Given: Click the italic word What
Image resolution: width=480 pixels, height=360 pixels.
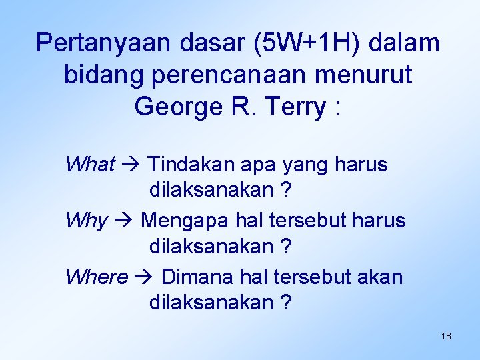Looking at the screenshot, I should pyautogui.click(x=91, y=164).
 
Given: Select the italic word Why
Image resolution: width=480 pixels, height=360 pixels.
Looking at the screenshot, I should pyautogui.click(x=87, y=220).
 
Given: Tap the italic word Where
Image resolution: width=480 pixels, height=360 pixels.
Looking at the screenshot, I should pyautogui.click(x=97, y=276).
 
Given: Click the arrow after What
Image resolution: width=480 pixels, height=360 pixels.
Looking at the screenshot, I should pyautogui.click(x=131, y=165).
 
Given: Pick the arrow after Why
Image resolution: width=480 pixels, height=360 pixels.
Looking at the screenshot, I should pyautogui.click(x=125, y=221).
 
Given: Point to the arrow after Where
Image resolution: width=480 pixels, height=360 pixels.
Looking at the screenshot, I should pyautogui.click(x=145, y=277).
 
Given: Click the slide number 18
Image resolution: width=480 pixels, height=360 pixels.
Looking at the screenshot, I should pyautogui.click(x=446, y=336).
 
